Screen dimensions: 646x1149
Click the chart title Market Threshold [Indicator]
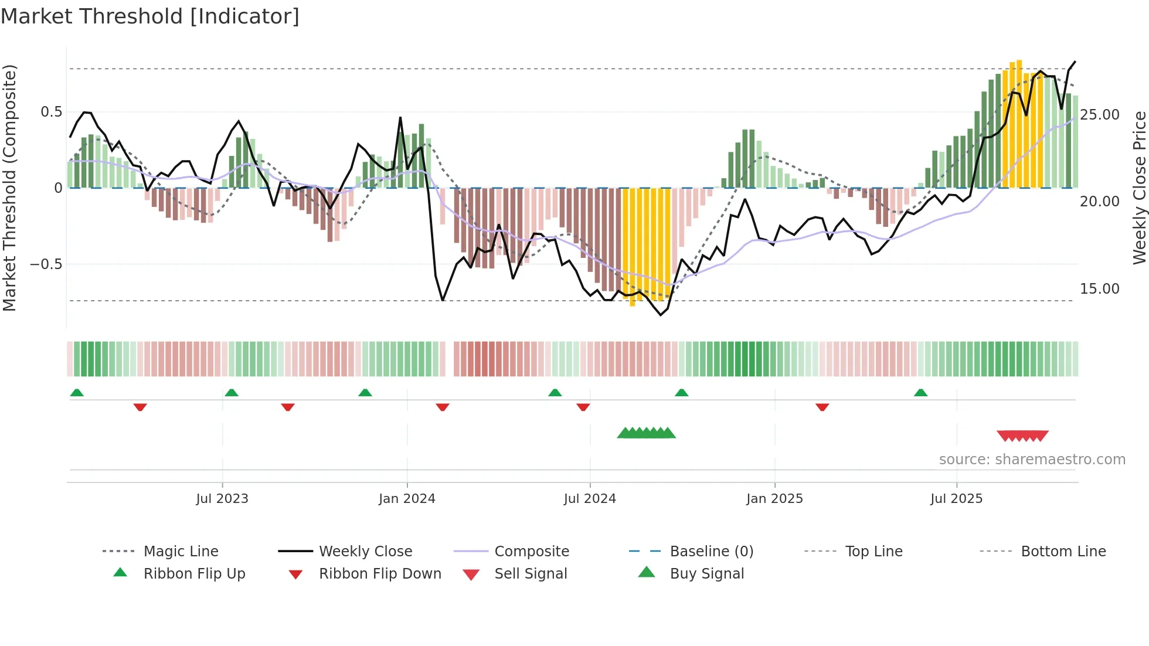[150, 16]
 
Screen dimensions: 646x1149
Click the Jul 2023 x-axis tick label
[222, 499]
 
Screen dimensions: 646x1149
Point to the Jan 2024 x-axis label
[407, 499]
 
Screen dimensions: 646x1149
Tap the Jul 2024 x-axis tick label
[590, 499]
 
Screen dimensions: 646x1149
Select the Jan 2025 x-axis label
[774, 499]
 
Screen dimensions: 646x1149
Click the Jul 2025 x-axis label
[956, 499]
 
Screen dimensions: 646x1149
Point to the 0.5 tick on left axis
[51, 112]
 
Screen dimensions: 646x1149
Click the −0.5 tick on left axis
[46, 264]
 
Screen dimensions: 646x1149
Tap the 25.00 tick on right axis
[1100, 115]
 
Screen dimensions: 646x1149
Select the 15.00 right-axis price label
[1100, 289]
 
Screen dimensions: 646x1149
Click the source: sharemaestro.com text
[1032, 460]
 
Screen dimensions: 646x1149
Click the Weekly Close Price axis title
[1139, 188]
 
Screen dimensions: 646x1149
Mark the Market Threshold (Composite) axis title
[9, 188]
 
